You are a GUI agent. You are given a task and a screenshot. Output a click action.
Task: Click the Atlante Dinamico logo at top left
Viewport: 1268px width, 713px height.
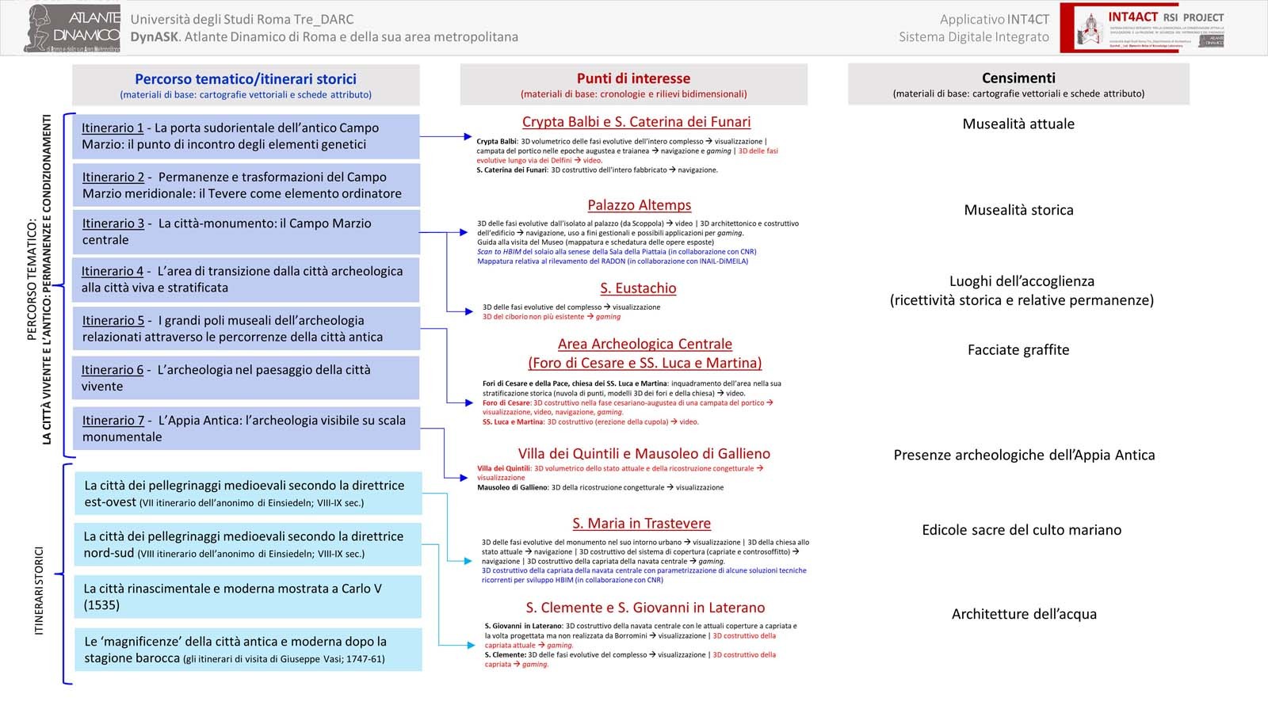pos(73,29)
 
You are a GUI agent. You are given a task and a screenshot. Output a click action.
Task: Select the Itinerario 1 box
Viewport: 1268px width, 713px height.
pos(246,136)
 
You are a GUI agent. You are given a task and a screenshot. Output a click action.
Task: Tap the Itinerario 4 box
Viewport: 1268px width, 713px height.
pos(246,280)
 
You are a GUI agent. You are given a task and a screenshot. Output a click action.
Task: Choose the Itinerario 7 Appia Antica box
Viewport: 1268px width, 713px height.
pos(246,429)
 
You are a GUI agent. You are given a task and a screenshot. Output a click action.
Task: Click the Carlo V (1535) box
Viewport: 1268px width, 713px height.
pos(247,597)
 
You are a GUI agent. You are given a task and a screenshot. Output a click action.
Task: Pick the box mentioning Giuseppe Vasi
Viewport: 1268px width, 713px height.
pos(247,650)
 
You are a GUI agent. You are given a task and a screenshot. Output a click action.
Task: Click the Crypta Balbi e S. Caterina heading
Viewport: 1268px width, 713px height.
pos(636,122)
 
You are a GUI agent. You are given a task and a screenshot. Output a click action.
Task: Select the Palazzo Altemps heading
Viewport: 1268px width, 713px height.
pos(639,205)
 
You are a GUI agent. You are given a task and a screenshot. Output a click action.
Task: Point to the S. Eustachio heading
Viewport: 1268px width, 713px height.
pos(638,288)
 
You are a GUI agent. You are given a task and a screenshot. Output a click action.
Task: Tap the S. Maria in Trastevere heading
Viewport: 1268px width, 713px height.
pos(641,524)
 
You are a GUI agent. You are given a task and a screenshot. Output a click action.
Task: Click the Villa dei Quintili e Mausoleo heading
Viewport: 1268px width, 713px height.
pos(644,454)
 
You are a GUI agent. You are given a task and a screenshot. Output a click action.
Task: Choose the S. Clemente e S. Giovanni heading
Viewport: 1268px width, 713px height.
pos(645,608)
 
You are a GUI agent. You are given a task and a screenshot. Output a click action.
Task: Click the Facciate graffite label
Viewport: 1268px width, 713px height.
pos(1018,350)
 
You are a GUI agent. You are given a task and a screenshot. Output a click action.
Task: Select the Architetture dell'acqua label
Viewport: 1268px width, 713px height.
pos(1024,614)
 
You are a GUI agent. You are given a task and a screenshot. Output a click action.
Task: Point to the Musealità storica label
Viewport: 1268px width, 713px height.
pos(1018,210)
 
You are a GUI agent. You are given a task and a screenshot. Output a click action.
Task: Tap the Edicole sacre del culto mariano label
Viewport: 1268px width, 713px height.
pos(1022,530)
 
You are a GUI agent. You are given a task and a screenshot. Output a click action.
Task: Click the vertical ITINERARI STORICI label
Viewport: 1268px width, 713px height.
pos(39,590)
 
